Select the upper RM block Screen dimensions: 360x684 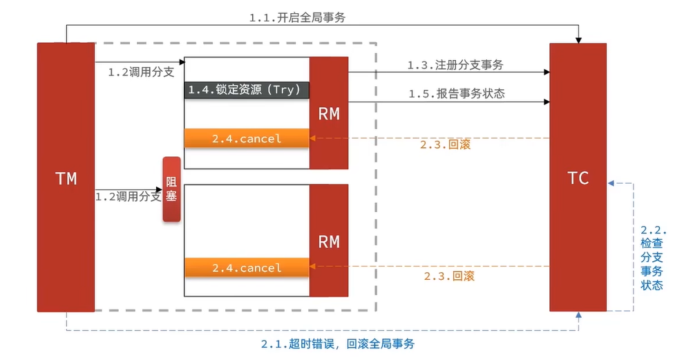(329, 113)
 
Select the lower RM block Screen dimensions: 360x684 (329, 240)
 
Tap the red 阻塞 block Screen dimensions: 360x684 (171, 189)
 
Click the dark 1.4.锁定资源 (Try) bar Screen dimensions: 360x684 (247, 90)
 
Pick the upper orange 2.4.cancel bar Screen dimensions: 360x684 (247, 138)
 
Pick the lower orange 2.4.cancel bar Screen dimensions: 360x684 (247, 267)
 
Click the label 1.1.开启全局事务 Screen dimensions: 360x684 (297, 18)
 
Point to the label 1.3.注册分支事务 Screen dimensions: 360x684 (455, 65)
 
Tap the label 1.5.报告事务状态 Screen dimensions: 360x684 (456, 93)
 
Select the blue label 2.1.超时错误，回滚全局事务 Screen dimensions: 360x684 (338, 343)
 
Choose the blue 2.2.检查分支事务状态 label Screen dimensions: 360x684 (652, 257)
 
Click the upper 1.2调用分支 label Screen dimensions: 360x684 (141, 71)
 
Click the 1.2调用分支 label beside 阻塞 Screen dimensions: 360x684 (129, 197)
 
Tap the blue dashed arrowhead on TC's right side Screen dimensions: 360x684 (611, 183)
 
